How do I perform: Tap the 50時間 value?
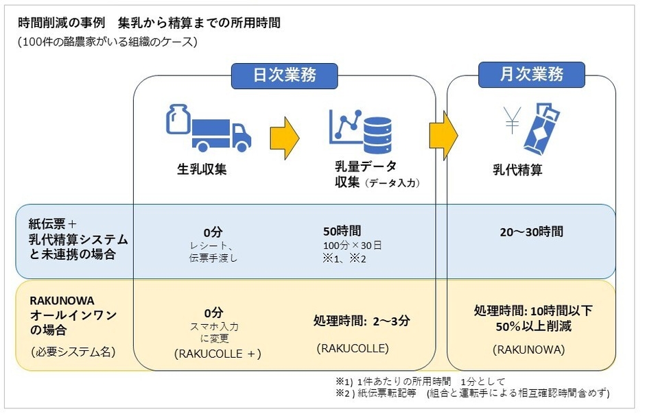[x=342, y=232]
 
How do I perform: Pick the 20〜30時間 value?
[x=532, y=232]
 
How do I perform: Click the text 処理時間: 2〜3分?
[x=361, y=320]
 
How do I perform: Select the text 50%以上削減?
[x=532, y=326]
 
